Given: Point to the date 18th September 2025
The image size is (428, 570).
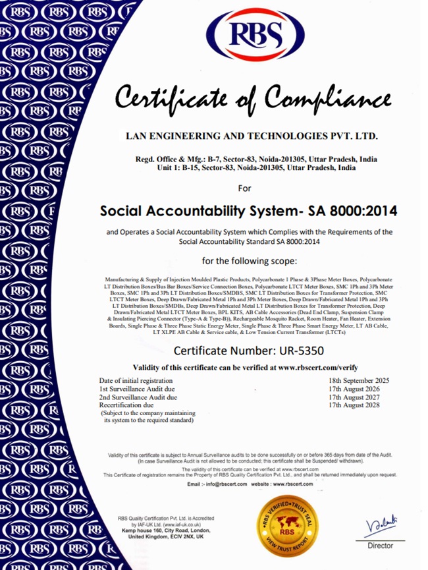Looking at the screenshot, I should (360, 381).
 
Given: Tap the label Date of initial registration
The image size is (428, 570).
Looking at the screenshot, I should (137, 381).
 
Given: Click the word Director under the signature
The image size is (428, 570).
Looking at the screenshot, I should (380, 546).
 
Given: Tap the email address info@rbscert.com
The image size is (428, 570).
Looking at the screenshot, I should (226, 484).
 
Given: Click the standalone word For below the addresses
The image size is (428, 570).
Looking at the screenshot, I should (244, 188).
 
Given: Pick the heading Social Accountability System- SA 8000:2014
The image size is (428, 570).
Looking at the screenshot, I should (244, 212).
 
